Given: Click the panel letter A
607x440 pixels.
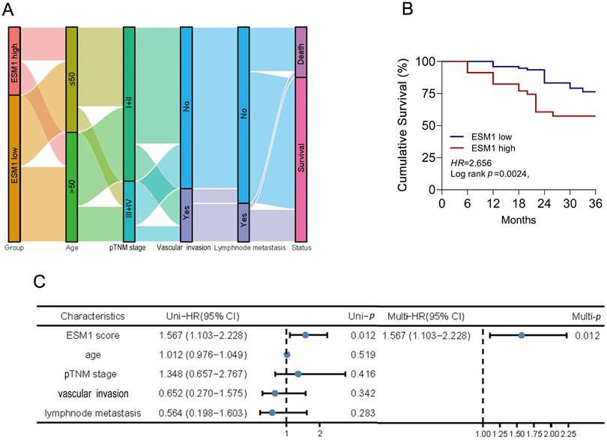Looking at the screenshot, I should click(x=10, y=10).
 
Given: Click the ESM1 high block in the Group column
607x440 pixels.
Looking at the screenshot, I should click(x=14, y=61).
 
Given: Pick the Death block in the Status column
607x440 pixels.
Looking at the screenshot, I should click(x=301, y=52).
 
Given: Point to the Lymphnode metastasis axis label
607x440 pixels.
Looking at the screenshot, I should click(x=244, y=247).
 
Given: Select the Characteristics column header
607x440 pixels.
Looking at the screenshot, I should click(x=93, y=316).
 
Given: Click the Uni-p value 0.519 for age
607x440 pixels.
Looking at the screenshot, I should click(x=363, y=354).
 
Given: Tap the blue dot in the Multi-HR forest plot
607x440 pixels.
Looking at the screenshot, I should click(x=522, y=335).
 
